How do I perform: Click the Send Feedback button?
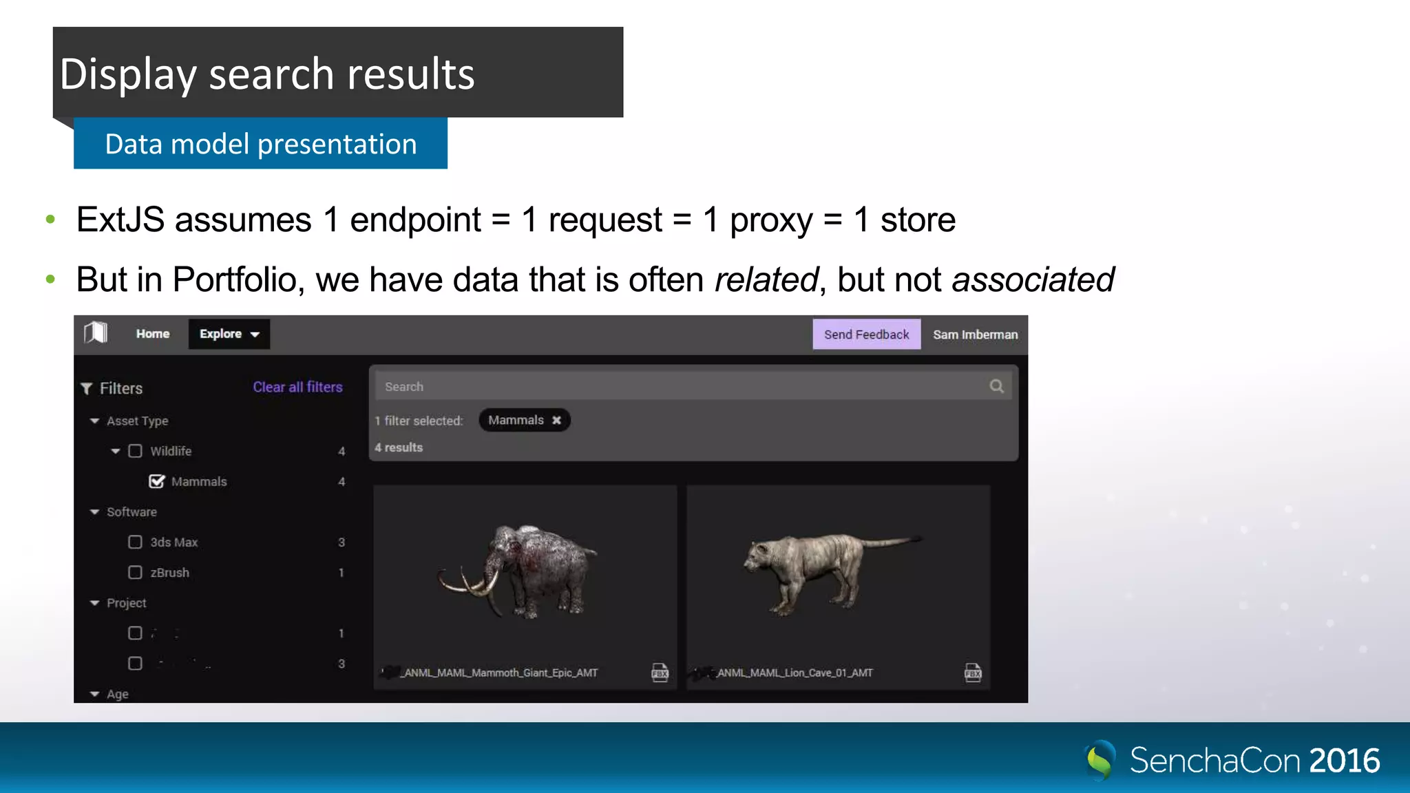[866, 335]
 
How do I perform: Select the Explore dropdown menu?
[229, 334]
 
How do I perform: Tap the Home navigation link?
[152, 334]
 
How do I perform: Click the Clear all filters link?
[297, 387]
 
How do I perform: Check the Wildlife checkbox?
[136, 451]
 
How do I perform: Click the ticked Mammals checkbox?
[157, 481]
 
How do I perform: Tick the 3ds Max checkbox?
[136, 542]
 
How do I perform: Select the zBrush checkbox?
[136, 573]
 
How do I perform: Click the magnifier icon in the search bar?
[996, 386]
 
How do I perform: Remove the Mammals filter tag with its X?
[556, 420]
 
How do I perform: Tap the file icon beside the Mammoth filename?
[660, 673]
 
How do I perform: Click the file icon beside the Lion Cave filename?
[973, 673]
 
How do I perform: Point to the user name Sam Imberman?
[975, 335]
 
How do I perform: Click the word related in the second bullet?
[766, 279]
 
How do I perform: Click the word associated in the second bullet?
[1033, 279]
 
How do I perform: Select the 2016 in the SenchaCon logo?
[1344, 761]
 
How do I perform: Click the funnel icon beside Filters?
[87, 388]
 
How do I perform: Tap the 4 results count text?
[399, 447]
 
